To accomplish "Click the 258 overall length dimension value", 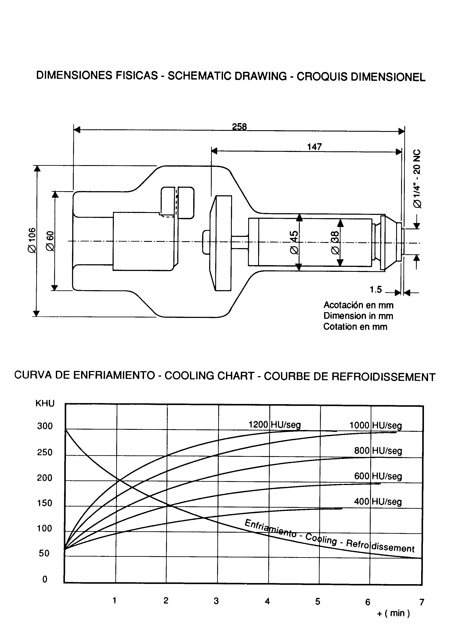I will (x=239, y=127).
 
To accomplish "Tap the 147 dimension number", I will (x=314, y=147).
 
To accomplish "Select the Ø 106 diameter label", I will (x=32, y=240).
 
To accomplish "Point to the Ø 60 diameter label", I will (x=50, y=241).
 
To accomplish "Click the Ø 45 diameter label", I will (x=294, y=242).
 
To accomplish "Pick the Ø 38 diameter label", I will (x=335, y=242).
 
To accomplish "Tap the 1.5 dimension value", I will (x=376, y=289).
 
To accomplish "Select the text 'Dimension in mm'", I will (x=358, y=316).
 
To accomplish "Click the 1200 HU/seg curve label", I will (x=275, y=424).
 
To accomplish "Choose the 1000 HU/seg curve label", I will (x=376, y=425).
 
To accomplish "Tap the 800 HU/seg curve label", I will (x=378, y=450).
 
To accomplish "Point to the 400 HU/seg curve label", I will (x=378, y=501).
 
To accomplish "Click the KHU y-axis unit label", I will (x=45, y=403).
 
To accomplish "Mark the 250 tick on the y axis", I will (x=45, y=452).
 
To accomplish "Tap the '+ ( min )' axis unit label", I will (x=393, y=613).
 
